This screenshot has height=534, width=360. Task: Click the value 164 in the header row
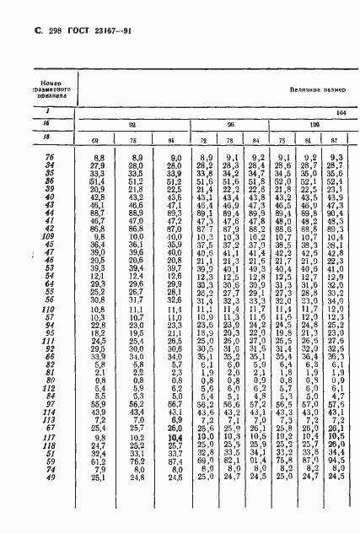coord(341,111)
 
